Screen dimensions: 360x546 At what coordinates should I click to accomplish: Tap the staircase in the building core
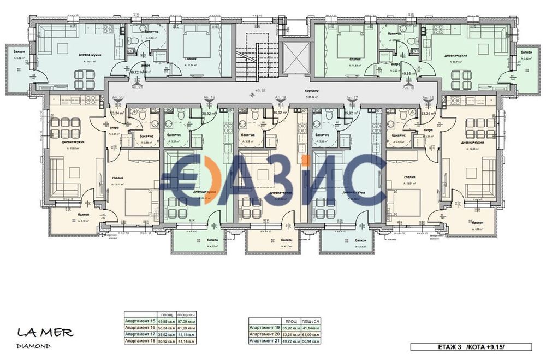257,55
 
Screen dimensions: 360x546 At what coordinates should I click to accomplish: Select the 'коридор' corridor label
312,90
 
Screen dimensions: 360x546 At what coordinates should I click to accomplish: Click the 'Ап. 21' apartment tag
137,87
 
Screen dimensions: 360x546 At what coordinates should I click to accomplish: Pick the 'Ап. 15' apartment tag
408,87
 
